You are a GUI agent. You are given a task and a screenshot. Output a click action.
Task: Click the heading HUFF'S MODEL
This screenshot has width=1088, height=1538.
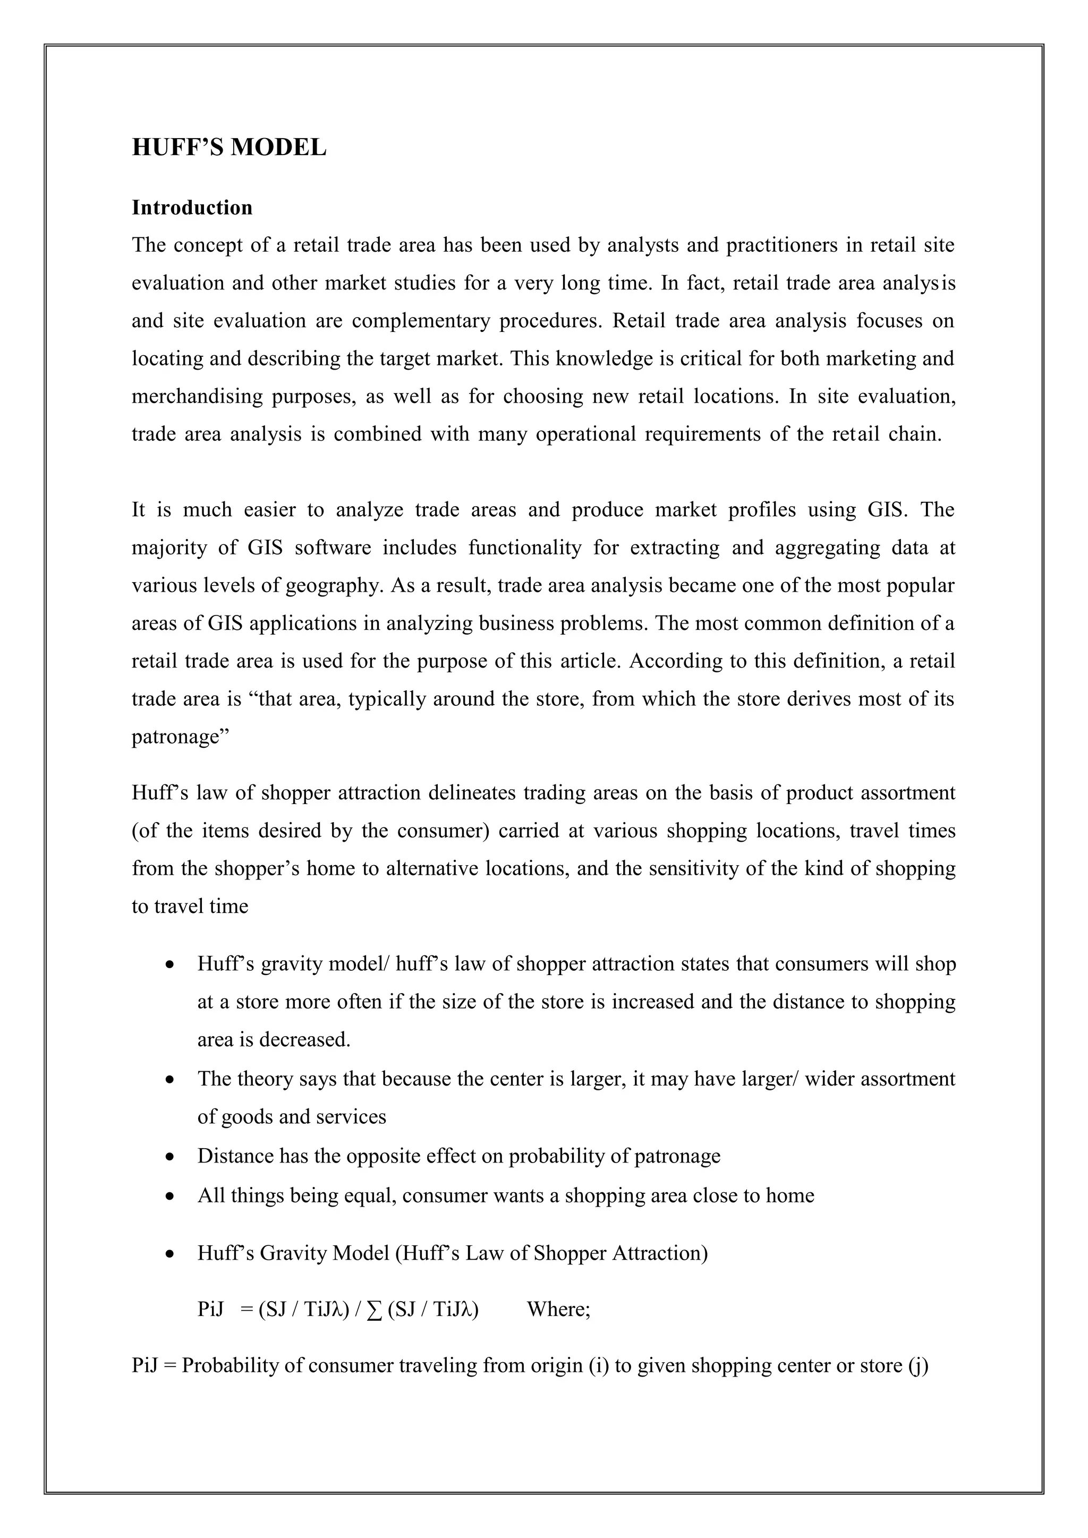(229, 147)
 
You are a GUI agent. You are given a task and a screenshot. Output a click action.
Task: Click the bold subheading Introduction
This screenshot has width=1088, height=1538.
(192, 208)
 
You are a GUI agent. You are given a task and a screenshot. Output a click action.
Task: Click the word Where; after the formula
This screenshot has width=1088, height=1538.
(559, 1309)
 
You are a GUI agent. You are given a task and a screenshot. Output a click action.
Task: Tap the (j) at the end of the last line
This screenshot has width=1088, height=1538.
(918, 1366)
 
